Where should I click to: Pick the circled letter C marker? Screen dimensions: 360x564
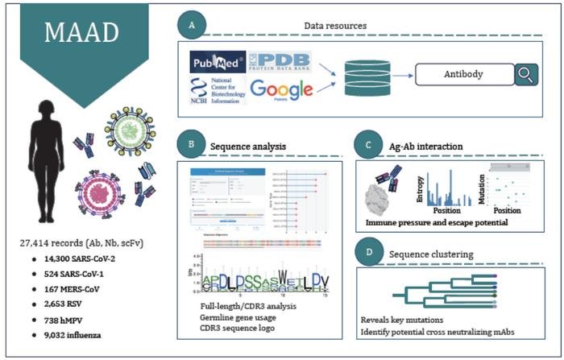367,147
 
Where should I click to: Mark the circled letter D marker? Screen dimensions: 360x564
367,254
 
